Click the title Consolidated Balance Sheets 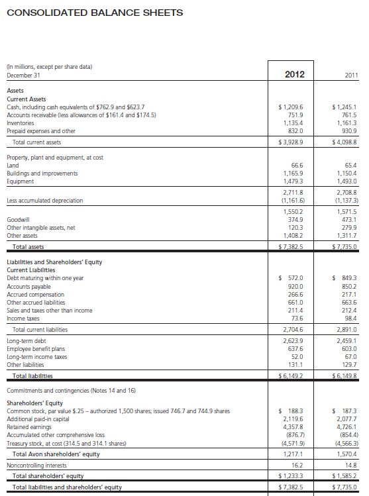pos(94,13)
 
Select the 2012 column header pos(293,74)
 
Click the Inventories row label pos(21,122)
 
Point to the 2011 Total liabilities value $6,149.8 pos(344,375)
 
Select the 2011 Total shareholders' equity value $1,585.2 pos(344,475)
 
